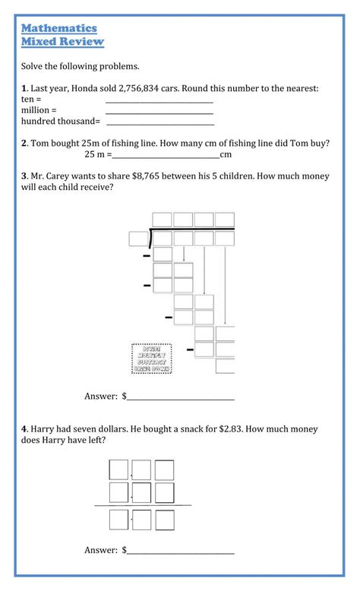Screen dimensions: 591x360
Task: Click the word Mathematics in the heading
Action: tap(58, 28)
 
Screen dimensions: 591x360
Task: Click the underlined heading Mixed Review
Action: tap(62, 42)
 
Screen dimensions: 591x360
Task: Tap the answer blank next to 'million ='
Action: tap(159, 112)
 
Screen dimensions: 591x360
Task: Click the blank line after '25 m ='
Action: tap(166, 156)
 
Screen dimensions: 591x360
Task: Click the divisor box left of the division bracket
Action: tap(138, 239)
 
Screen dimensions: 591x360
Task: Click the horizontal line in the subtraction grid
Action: tap(143, 505)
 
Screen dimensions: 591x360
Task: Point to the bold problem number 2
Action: tap(24, 143)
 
